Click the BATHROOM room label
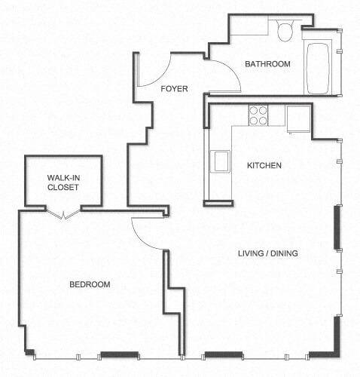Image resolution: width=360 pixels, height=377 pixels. (267, 64)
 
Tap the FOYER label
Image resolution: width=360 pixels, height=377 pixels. (174, 88)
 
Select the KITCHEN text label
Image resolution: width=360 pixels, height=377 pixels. (264, 165)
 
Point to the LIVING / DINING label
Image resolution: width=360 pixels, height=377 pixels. (267, 253)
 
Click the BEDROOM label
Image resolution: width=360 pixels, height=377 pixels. (90, 284)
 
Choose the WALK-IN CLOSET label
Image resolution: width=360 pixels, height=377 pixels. (63, 182)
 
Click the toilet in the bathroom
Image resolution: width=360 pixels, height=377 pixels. (285, 31)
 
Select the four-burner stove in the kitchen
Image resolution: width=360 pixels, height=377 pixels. (258, 115)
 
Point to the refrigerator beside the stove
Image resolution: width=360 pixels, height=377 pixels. (298, 117)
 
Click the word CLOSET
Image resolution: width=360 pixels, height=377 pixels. (63, 188)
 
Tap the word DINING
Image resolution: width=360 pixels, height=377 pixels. (285, 253)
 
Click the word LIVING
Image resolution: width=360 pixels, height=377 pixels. (250, 253)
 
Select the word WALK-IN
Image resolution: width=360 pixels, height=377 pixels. (63, 178)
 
